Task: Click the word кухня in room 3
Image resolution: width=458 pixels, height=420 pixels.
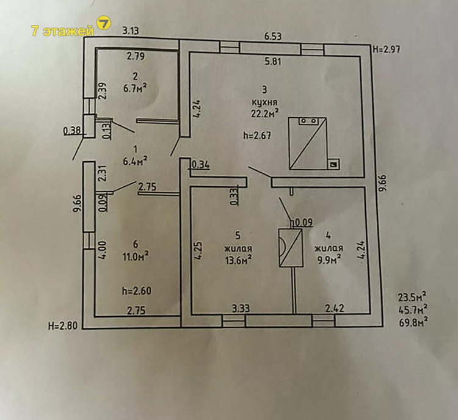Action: click(264, 102)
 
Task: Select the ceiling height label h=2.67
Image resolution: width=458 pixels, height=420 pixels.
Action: click(256, 136)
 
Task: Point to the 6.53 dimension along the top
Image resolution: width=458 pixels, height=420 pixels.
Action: click(272, 37)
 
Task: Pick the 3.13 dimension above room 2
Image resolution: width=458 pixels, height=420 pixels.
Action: click(130, 31)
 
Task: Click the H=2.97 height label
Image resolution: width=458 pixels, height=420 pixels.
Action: click(387, 49)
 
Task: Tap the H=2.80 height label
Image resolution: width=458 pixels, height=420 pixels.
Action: click(63, 325)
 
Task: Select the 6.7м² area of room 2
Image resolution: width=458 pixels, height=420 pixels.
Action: click(135, 88)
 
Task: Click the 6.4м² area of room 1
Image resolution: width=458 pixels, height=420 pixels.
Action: click(135, 161)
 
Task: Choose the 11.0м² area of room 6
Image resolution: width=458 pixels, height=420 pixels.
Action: click(136, 256)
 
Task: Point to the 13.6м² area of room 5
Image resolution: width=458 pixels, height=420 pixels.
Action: click(238, 259)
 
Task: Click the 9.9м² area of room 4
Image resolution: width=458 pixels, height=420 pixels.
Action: click(329, 259)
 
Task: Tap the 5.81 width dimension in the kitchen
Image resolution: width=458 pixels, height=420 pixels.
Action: click(272, 62)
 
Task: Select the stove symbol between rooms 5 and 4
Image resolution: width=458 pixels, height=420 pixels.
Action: click(291, 248)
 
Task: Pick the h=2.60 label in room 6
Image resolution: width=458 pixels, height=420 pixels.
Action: click(137, 291)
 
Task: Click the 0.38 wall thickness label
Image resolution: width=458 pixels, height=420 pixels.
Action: click(71, 131)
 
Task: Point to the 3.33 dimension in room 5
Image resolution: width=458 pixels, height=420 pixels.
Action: click(241, 308)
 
